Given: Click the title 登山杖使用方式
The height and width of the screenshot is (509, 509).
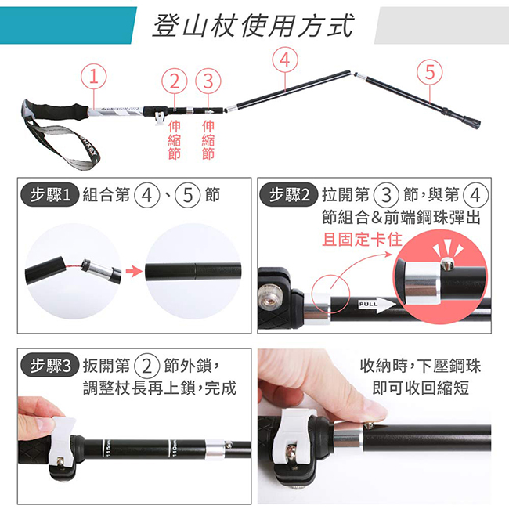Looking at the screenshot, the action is [253, 26].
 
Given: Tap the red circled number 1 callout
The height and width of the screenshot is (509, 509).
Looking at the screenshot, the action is [93, 76].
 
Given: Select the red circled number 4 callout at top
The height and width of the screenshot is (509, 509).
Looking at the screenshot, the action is [285, 60].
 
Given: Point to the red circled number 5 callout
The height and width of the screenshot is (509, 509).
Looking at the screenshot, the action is [429, 72].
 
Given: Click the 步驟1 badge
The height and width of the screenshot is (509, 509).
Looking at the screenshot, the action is [50, 195].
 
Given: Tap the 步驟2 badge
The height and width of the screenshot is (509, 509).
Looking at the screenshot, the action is [288, 195].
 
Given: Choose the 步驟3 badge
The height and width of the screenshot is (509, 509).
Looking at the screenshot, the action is [50, 366].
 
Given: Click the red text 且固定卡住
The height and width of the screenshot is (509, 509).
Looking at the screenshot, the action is [362, 240].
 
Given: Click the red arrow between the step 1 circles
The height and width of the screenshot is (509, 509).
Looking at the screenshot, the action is [134, 272].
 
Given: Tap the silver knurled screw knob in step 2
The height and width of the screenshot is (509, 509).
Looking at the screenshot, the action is [269, 296].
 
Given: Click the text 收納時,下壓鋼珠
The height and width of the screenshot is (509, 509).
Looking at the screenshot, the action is [421, 366].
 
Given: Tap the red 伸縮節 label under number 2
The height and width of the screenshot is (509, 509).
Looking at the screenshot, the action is [175, 140].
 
